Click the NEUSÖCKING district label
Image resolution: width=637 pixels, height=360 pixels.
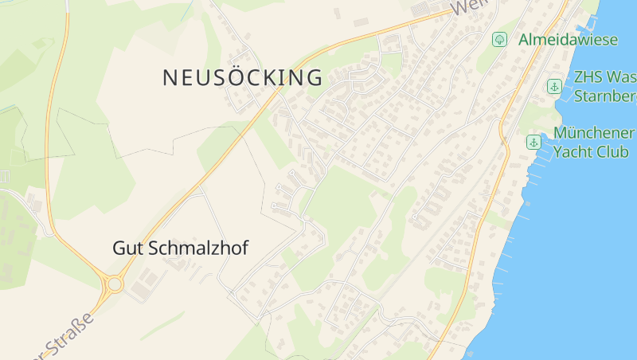coord(243,78)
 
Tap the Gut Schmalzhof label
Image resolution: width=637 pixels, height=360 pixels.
coord(180,248)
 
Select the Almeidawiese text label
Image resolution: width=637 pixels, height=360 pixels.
coord(568,39)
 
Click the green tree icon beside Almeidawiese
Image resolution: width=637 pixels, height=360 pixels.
coord(499,39)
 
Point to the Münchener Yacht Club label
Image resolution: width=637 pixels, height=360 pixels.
coord(593,142)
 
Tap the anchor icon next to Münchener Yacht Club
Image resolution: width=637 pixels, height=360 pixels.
coord(533,143)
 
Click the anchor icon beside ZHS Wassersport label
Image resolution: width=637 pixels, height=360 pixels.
coord(554,86)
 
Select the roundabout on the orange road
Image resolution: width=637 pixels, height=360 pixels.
coord(114,284)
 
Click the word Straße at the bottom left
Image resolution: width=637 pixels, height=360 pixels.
coord(68,339)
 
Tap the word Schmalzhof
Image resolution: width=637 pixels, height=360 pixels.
coord(196,248)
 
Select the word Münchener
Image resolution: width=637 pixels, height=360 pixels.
coord(593,132)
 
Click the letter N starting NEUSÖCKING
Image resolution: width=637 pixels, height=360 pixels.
coord(170,78)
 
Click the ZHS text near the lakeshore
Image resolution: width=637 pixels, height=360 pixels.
coord(588,78)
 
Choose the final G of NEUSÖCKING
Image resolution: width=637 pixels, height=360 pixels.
coord(315,78)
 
